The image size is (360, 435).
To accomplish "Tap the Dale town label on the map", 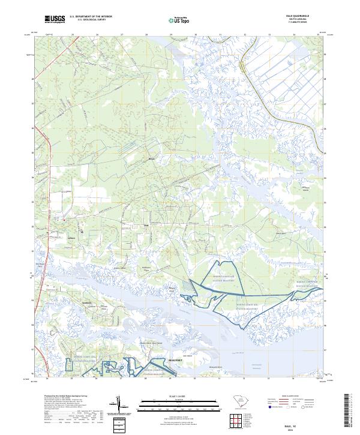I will point(146,226).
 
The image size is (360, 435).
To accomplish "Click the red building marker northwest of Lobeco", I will point(64,221).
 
